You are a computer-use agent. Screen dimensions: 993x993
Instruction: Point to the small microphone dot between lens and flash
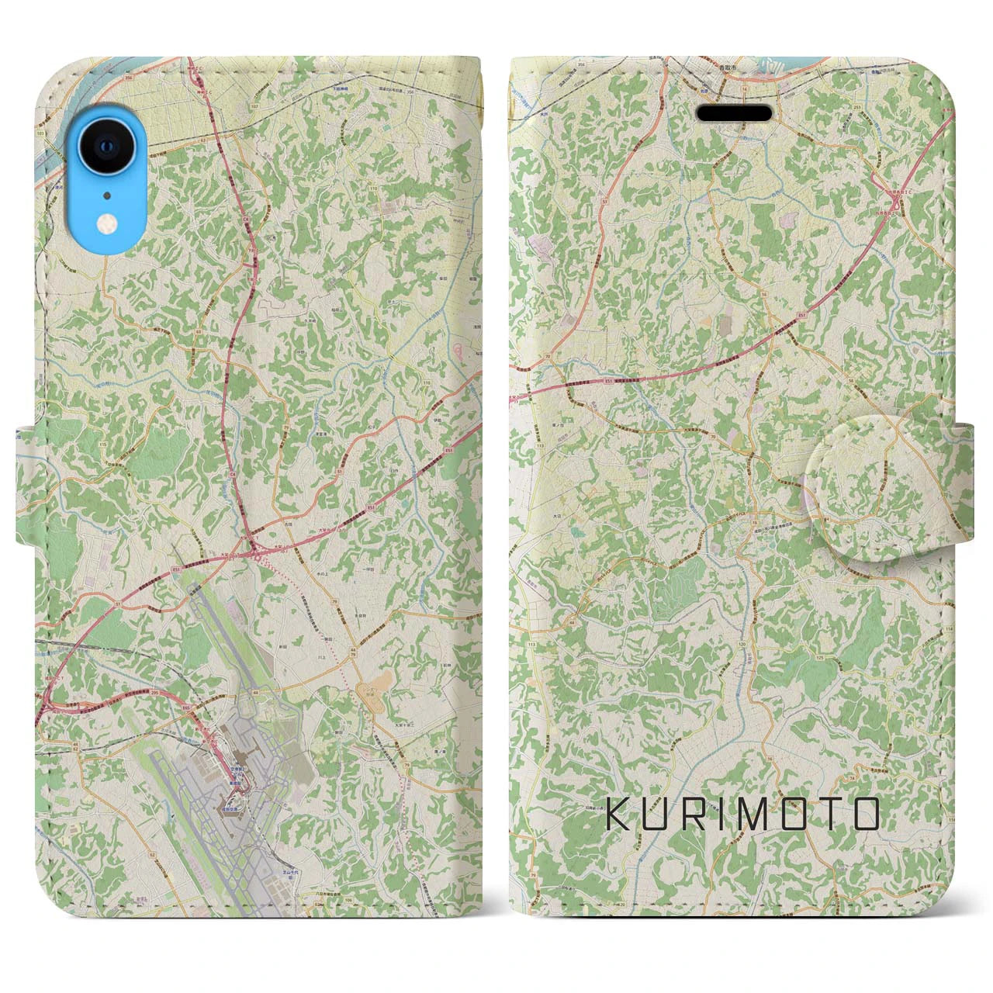click(x=106, y=195)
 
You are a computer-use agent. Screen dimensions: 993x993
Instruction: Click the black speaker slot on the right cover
click(x=735, y=113)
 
